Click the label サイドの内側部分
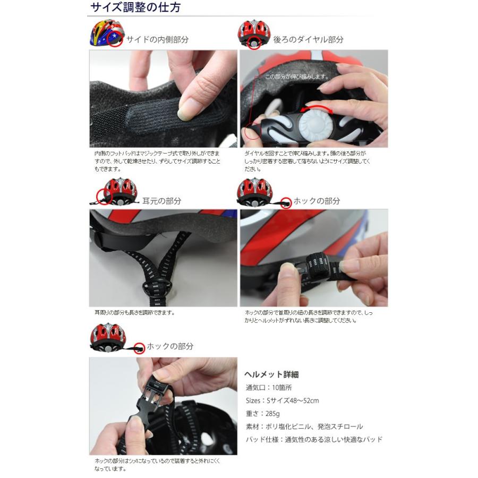[x=157, y=39]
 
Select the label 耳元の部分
[x=161, y=201]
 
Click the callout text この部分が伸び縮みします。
[x=297, y=76]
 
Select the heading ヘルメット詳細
[x=271, y=374]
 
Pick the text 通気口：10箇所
[x=270, y=387]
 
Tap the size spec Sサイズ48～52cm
[x=282, y=400]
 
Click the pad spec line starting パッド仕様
[x=313, y=439]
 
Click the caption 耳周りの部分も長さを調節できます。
[x=135, y=313]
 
